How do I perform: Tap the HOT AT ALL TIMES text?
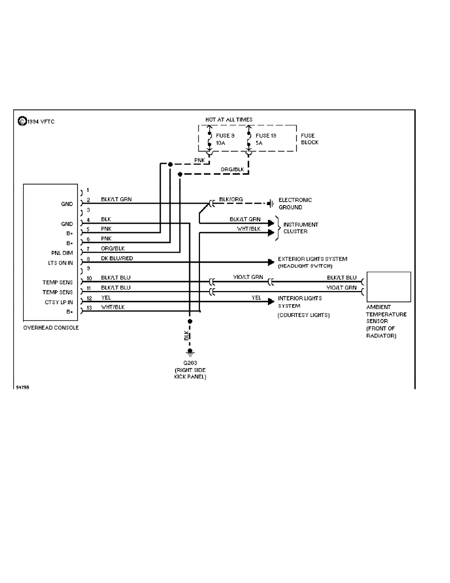(x=229, y=119)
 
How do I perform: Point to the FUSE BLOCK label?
(x=310, y=139)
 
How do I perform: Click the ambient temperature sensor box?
(x=389, y=287)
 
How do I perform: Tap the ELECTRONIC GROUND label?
(x=295, y=204)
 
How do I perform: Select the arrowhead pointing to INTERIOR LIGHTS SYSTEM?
(x=271, y=302)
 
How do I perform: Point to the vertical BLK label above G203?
(x=186, y=336)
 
